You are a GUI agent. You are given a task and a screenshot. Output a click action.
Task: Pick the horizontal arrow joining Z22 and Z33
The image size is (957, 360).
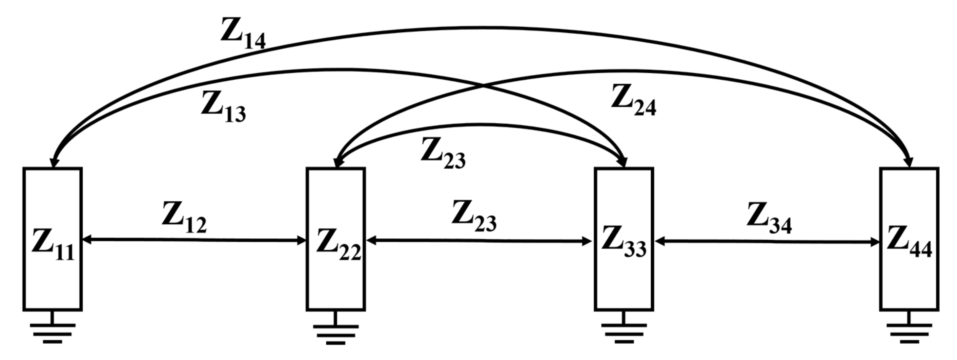[x=479, y=241]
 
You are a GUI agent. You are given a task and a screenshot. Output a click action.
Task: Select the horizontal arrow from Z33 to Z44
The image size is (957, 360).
[x=767, y=242]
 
